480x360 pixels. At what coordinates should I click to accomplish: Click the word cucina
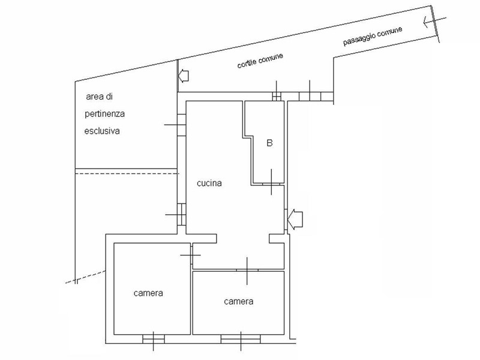click(x=209, y=183)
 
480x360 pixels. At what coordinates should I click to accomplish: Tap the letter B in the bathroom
click(x=269, y=143)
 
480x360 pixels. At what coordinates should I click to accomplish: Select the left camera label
click(x=148, y=293)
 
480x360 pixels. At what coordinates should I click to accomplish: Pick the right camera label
click(x=238, y=302)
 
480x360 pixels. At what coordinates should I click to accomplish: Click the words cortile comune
click(x=260, y=61)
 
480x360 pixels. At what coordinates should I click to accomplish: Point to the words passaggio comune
click(x=373, y=36)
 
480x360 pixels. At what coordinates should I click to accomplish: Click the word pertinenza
click(x=104, y=114)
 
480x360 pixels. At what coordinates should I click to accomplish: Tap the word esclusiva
click(x=102, y=131)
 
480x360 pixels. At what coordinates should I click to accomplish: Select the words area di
click(x=99, y=97)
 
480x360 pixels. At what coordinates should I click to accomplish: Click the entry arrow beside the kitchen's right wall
click(x=295, y=219)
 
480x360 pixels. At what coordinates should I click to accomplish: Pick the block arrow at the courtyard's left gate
click(x=184, y=76)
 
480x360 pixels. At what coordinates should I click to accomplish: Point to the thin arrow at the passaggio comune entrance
click(x=434, y=22)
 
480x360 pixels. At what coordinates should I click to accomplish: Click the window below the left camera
click(x=154, y=339)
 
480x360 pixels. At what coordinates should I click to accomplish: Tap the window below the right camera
click(x=241, y=339)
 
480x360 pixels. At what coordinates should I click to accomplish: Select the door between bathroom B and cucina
click(x=272, y=184)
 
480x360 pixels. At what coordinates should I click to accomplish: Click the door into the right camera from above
click(x=247, y=271)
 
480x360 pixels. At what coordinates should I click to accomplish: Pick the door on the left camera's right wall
click(x=191, y=254)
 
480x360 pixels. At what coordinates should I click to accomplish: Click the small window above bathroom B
click(x=277, y=97)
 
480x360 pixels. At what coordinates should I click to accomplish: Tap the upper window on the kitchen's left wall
click(x=182, y=125)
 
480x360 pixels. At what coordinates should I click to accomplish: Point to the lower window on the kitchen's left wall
click(x=182, y=215)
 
